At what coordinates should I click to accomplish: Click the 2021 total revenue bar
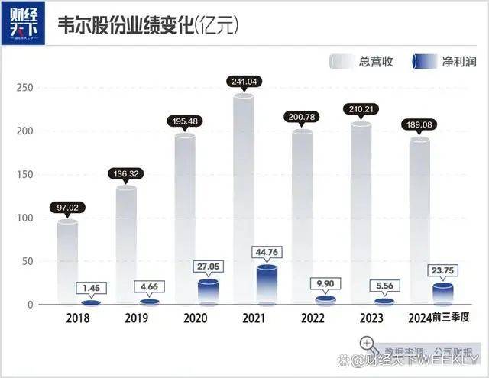tap(244, 199)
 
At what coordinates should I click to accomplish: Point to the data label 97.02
tap(68, 206)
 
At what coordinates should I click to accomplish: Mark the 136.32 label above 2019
tap(127, 173)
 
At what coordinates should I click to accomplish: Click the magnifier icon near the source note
tap(368, 344)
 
